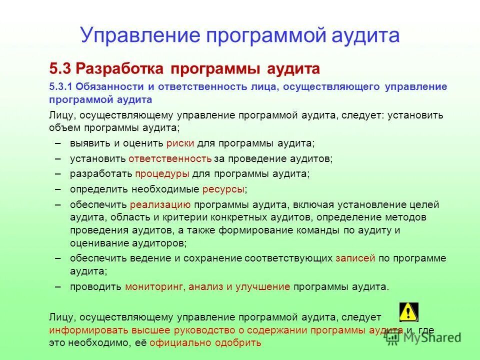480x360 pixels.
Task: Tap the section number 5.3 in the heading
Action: [60, 67]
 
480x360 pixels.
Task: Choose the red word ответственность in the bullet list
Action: [170, 158]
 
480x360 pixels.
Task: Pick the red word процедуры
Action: [162, 173]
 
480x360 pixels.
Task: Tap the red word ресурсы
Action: [223, 189]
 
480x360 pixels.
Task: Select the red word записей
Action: [355, 258]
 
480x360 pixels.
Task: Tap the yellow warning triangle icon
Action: [408, 311]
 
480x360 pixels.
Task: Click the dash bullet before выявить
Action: [58, 143]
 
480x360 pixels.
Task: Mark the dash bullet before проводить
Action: [58, 287]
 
